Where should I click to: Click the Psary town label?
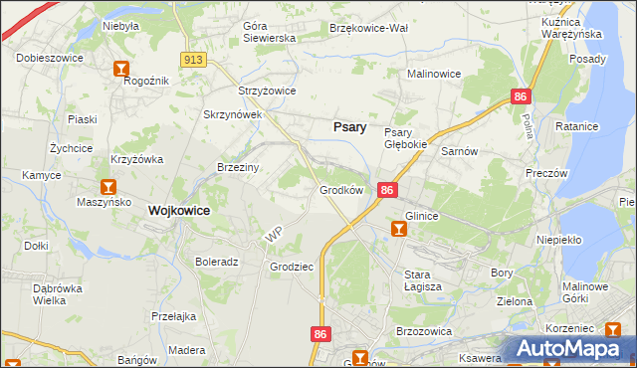coord(348,127)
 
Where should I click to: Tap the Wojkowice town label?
coord(178,211)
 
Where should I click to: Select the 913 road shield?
coord(194,61)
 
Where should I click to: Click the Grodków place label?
coord(340,189)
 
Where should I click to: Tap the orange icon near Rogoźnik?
coord(121,69)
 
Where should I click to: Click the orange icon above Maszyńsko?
coord(108,186)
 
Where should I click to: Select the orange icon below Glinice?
coord(399,230)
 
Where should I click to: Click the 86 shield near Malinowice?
coord(521,96)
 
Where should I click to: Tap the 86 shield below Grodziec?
coord(319,335)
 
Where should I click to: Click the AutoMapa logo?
coord(567,349)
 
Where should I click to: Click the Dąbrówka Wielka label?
coord(50,293)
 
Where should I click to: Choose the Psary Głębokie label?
coord(405,138)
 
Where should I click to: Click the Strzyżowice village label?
coord(267,91)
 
